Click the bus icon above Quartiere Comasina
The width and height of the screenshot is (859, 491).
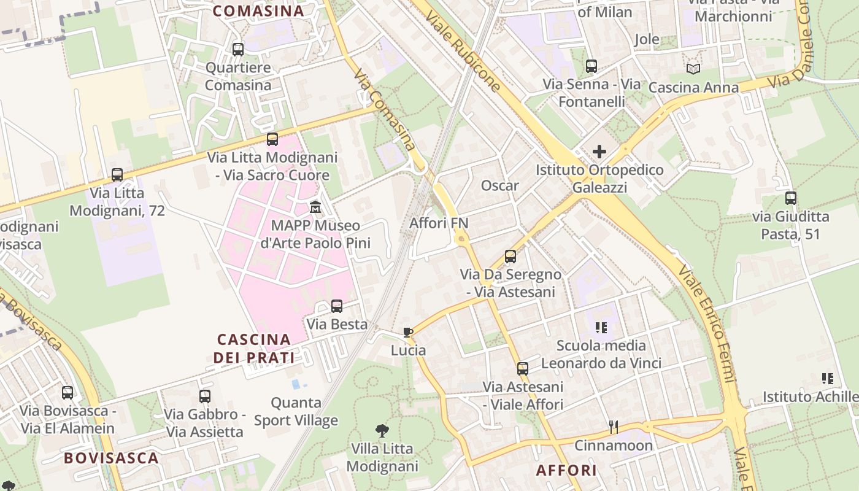point(238,50)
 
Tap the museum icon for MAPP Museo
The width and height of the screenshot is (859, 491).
point(315,207)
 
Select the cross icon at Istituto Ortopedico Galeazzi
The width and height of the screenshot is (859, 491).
point(599,152)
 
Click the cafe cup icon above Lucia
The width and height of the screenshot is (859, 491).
point(408,333)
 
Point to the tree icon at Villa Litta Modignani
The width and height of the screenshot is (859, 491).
point(382,431)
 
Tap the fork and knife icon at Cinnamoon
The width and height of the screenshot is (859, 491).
point(612,426)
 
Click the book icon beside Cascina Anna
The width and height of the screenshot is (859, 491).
point(693,69)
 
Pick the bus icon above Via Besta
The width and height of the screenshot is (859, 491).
point(337,306)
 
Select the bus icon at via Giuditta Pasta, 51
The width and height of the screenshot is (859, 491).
point(791,198)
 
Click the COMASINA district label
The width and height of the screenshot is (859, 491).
point(258,11)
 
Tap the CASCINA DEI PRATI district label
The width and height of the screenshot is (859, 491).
point(254,348)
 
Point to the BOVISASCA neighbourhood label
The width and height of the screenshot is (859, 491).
point(111,458)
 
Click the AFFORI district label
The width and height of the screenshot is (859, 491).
point(566,470)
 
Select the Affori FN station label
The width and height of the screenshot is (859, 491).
point(439,223)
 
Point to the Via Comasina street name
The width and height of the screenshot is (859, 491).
point(385,109)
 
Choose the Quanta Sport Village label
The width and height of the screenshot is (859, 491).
point(296,411)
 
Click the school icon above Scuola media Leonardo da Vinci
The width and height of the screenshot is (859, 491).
point(601,328)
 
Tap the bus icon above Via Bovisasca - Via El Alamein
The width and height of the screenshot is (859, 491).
point(67,393)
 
